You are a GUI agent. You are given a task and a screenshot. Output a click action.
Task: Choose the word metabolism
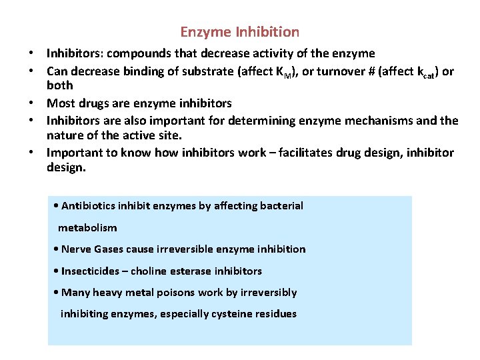(87, 227)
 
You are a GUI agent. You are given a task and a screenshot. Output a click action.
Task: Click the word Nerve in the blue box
(77, 249)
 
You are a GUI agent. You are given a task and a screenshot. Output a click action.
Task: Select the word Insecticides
(93, 271)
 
